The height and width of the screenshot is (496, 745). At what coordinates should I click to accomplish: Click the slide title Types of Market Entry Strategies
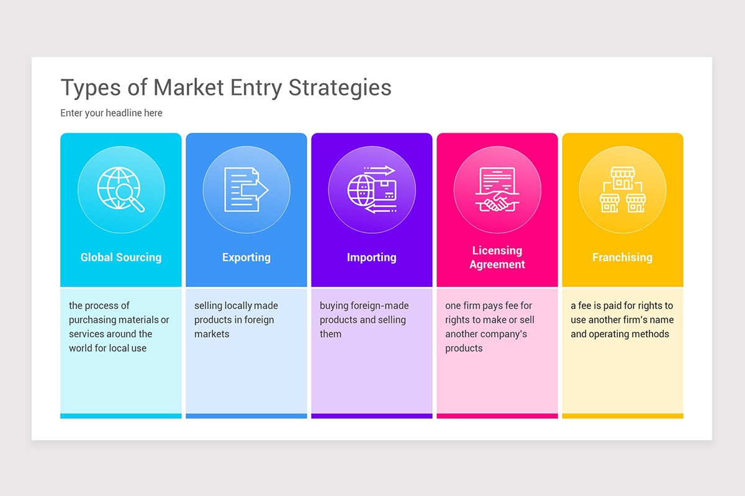[x=226, y=88]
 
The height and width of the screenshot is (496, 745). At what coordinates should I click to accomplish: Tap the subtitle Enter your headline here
[x=111, y=113]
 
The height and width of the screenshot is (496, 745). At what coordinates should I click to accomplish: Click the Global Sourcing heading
[x=121, y=257]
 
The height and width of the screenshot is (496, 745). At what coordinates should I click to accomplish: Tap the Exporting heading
[x=246, y=257]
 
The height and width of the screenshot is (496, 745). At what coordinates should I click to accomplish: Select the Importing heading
[x=371, y=257]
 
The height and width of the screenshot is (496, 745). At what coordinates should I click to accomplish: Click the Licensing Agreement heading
[x=497, y=257]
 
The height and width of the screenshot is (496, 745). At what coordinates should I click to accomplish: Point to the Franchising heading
[x=622, y=257]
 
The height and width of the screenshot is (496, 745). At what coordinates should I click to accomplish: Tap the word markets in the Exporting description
[x=212, y=334]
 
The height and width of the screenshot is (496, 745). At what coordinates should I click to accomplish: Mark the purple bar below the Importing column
[x=371, y=416]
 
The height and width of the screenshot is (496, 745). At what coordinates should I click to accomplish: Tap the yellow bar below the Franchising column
[x=622, y=416]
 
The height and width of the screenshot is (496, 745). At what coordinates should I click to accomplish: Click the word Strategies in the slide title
[x=340, y=88]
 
